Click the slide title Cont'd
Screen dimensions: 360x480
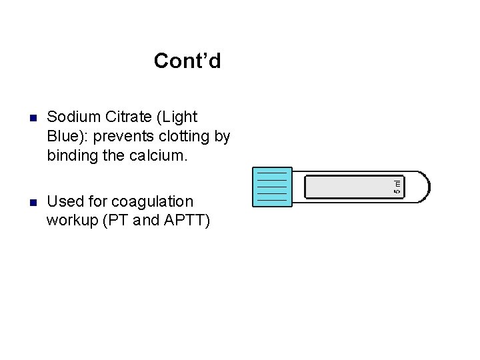point(187,61)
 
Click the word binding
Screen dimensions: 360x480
point(72,157)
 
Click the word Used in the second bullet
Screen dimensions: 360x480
point(64,201)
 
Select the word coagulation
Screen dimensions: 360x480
point(152,202)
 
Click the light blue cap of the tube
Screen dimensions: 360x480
point(272,187)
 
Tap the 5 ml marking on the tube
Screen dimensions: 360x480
point(397,187)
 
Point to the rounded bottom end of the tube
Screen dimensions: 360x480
point(424,187)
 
